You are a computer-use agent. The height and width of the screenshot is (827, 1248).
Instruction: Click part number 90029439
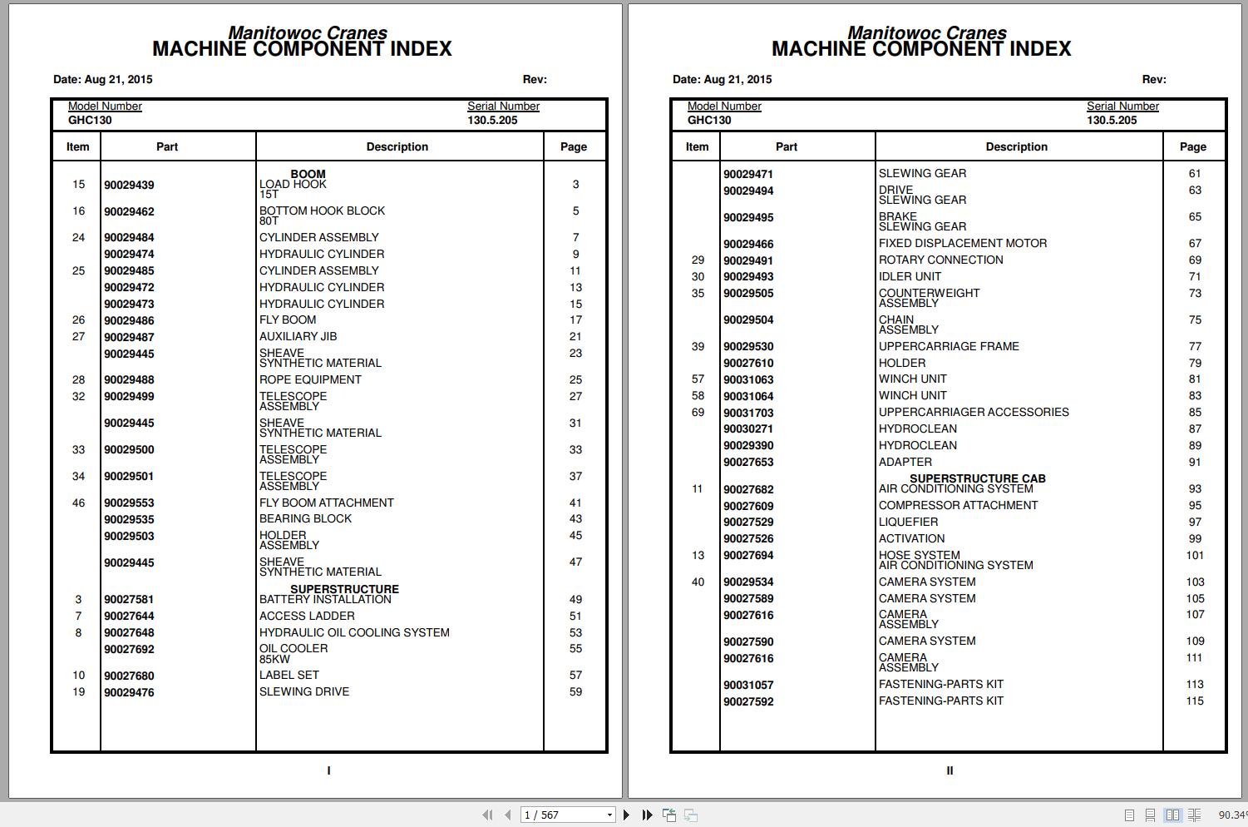click(129, 186)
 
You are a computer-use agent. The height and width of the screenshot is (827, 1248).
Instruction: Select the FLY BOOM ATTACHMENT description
click(326, 503)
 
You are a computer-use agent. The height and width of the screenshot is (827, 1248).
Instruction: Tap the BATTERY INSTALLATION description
click(325, 600)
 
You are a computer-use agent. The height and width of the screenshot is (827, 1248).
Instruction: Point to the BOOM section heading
click(308, 174)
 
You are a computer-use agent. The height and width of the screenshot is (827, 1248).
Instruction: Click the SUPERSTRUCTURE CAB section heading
click(977, 478)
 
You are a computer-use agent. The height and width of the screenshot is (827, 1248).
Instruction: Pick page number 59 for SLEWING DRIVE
click(575, 692)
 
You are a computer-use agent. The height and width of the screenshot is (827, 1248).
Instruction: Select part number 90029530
click(748, 347)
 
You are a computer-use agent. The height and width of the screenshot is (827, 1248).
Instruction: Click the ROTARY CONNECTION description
click(940, 260)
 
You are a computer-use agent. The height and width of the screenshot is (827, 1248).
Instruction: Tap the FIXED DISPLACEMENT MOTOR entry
click(962, 244)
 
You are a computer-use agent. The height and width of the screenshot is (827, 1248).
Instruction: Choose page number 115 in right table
click(1195, 701)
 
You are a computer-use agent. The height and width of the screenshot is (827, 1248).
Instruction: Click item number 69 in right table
click(698, 413)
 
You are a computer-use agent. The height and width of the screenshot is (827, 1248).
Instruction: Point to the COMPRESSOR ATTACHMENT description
click(958, 506)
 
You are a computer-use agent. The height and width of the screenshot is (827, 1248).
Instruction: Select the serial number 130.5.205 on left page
click(492, 121)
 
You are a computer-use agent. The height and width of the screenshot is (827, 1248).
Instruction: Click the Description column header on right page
click(1016, 147)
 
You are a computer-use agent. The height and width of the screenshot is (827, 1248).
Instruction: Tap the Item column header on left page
click(77, 147)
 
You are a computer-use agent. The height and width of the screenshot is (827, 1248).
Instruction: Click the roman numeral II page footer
click(950, 771)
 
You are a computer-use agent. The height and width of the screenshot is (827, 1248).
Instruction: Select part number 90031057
click(748, 686)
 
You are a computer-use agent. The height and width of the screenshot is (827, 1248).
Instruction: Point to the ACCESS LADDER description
click(307, 617)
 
